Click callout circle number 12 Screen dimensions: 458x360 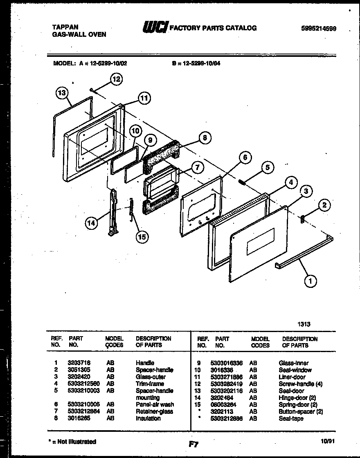117,79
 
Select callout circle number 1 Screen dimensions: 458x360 310,281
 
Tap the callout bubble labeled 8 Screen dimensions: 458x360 205,138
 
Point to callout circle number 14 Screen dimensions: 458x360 92,223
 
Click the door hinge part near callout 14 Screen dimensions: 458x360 112,213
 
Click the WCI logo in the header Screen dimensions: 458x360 155,27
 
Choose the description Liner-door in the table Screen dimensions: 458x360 292,377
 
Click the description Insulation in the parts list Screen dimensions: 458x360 148,418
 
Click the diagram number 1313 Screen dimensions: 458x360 304,324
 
